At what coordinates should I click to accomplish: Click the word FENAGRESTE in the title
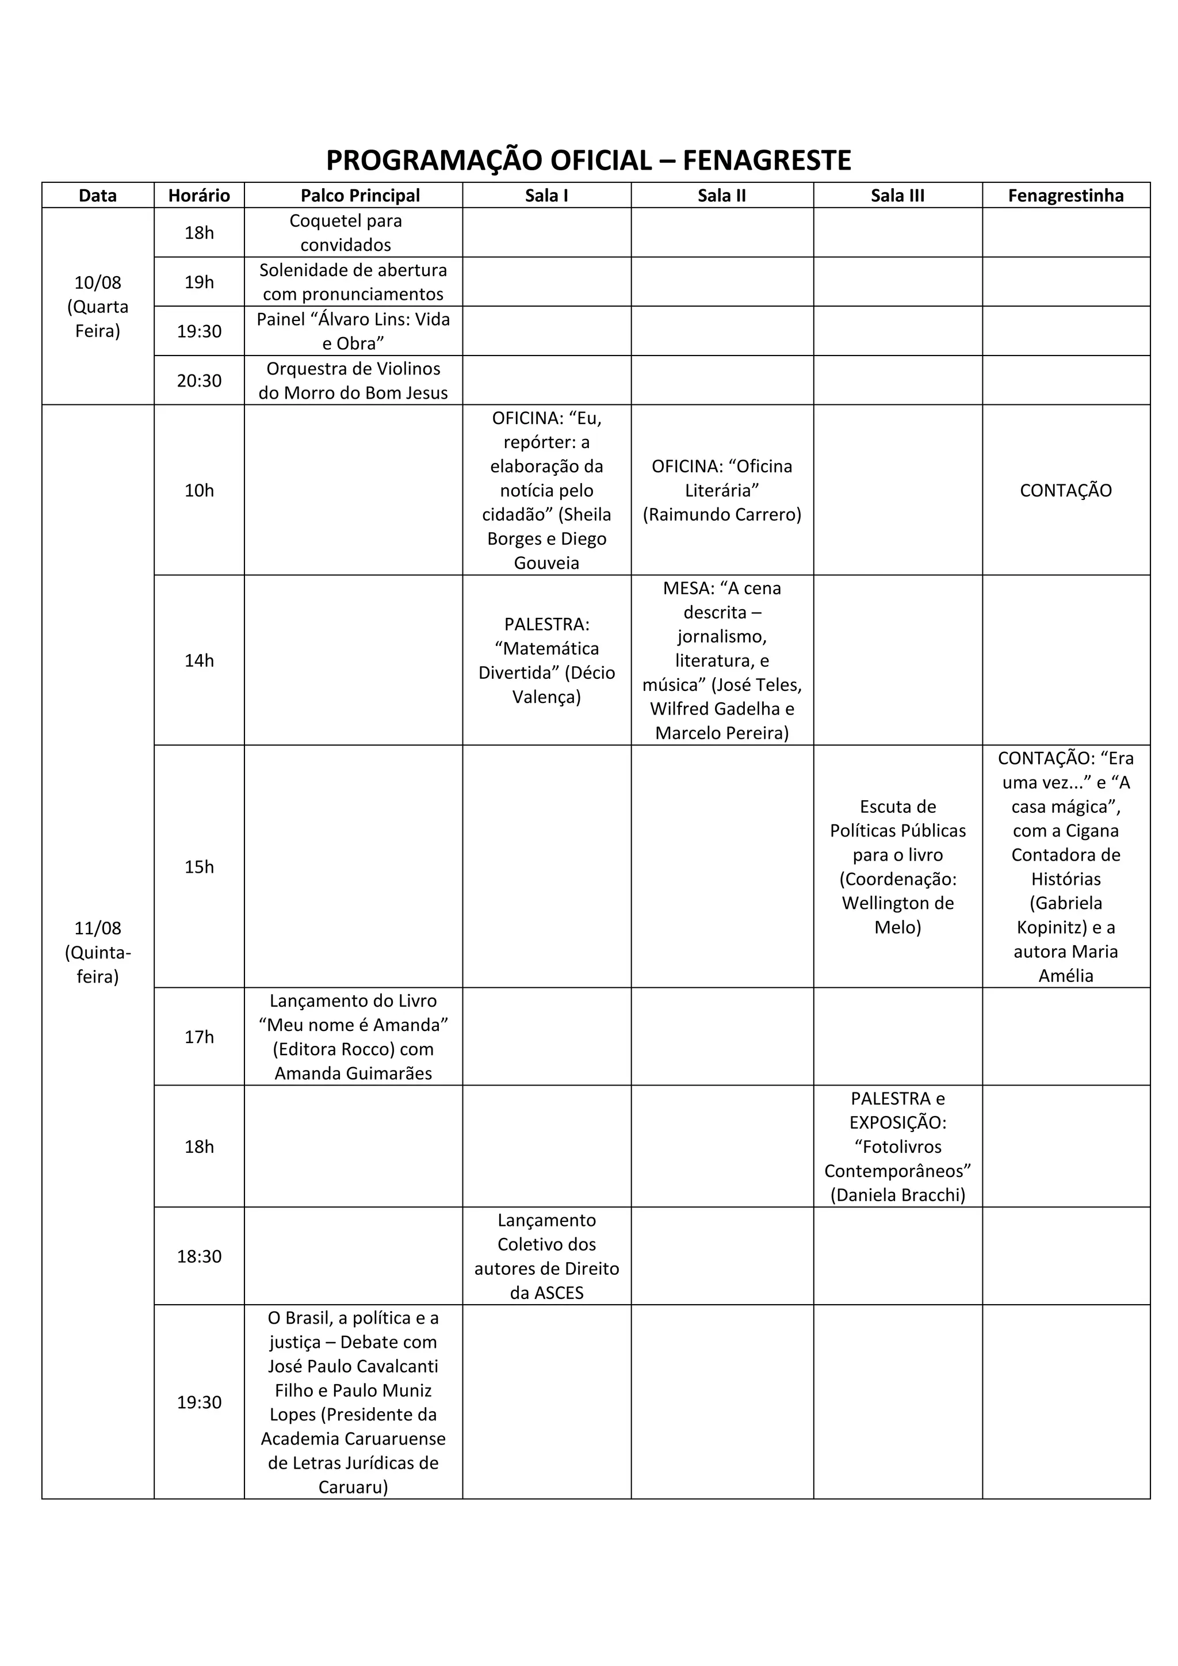(767, 161)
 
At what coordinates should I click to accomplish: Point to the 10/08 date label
(98, 282)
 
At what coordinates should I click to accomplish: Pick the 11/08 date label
(98, 928)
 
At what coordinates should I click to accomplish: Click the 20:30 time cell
(200, 380)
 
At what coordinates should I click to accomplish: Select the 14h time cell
(200, 660)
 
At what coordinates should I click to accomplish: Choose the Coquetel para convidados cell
(346, 232)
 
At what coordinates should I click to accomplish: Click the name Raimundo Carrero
(722, 514)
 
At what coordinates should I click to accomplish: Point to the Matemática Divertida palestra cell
(546, 660)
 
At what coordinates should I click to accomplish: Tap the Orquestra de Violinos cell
(353, 380)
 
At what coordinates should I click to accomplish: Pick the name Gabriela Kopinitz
(1066, 915)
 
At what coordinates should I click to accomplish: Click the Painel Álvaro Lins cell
(353, 331)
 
